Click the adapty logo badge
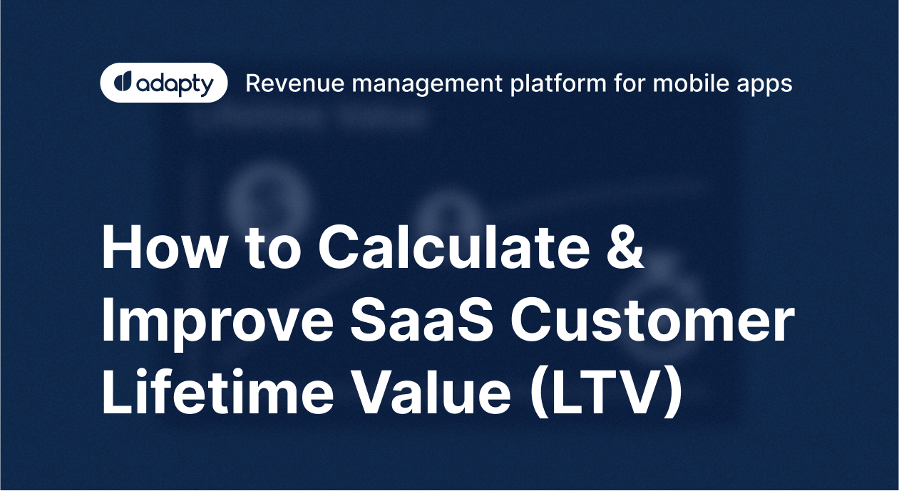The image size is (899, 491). click(x=164, y=83)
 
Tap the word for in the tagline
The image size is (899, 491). click(x=628, y=83)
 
